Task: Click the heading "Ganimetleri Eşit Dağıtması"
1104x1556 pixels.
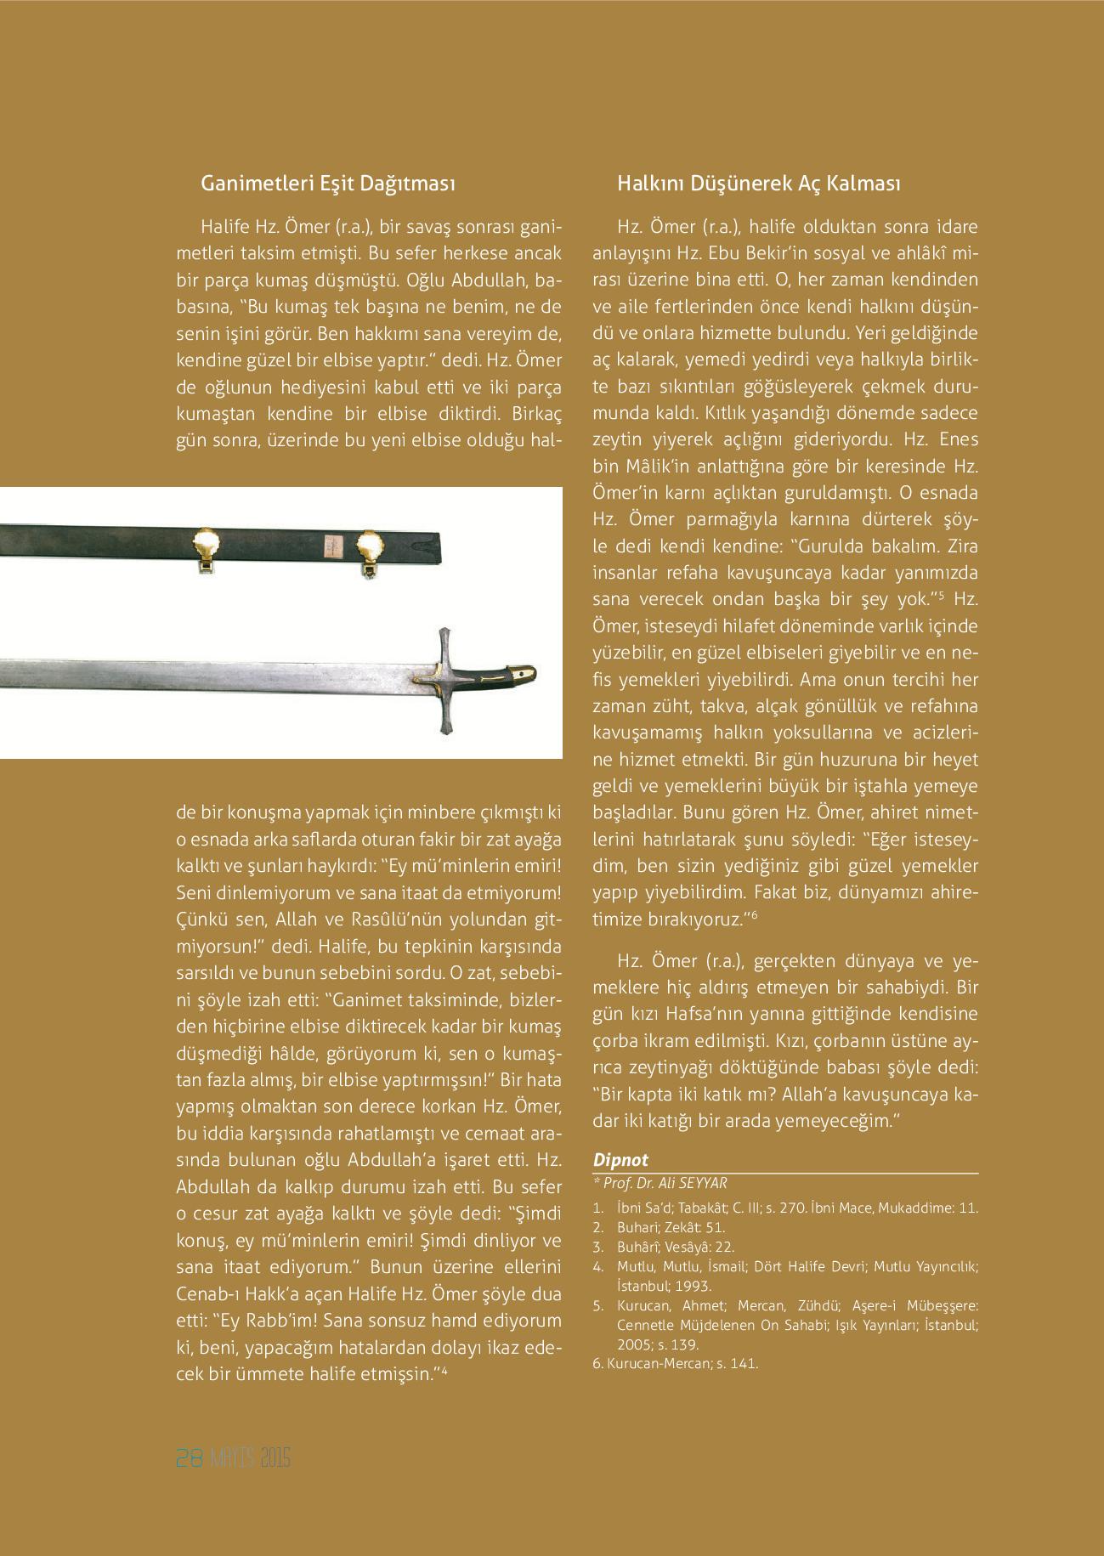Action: click(x=327, y=184)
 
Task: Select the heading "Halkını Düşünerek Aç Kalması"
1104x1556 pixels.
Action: click(x=758, y=184)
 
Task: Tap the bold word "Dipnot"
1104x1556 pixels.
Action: click(x=620, y=1160)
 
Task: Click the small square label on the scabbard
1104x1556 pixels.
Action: click(x=331, y=545)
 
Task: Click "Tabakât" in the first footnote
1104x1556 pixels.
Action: click(x=703, y=1207)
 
